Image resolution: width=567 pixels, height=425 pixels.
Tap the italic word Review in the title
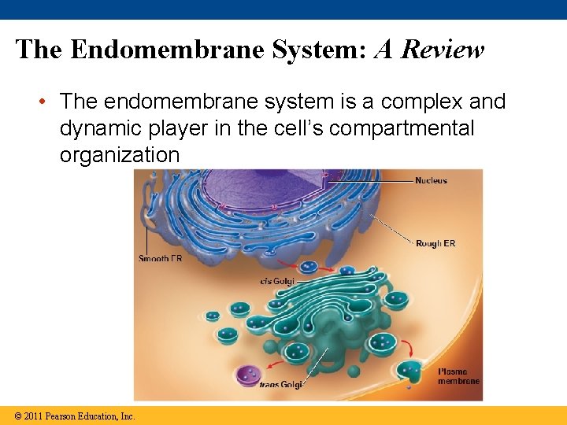(442, 50)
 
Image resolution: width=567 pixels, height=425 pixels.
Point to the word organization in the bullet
(120, 155)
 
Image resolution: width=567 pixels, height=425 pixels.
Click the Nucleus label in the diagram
(431, 181)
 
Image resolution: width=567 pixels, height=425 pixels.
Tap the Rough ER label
(435, 243)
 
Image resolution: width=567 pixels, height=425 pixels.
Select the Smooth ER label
(160, 259)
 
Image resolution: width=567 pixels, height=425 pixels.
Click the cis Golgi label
(276, 281)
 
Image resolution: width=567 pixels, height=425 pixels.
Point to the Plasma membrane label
(458, 376)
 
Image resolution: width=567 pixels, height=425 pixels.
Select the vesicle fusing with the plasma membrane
(409, 370)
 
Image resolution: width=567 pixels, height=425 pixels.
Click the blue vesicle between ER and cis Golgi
(309, 268)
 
